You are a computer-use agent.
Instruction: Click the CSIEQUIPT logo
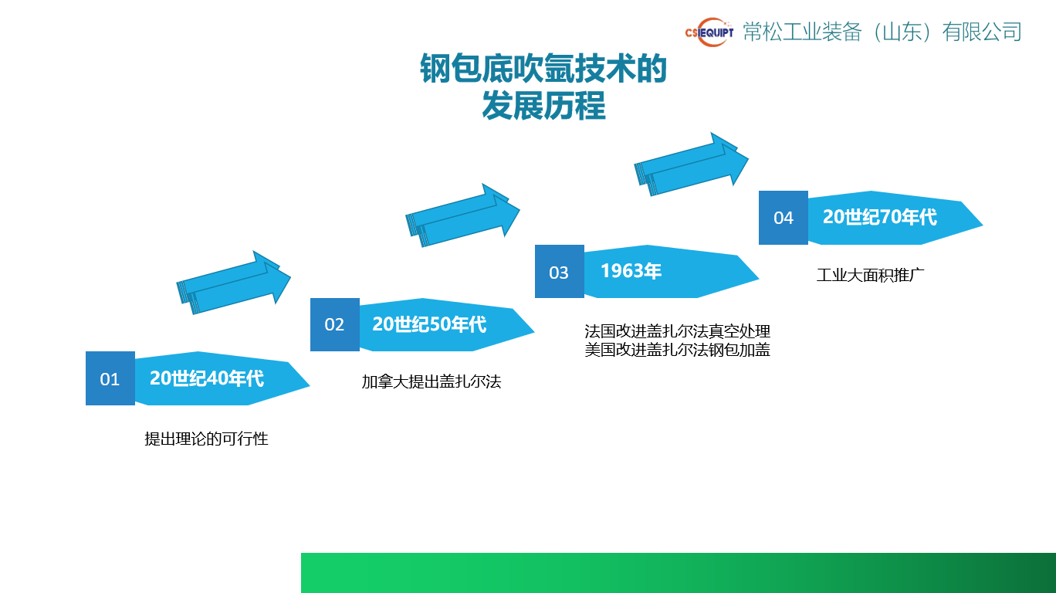coord(709,32)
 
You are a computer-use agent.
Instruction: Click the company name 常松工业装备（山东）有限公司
coord(882,32)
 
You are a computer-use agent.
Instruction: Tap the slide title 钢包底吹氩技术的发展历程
coord(543,87)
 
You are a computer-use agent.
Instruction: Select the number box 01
coord(110,378)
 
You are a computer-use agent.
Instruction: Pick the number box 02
coord(335,324)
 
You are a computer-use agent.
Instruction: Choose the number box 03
coord(559,272)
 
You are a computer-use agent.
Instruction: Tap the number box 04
coord(784,218)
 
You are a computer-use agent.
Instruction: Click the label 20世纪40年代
coord(207,378)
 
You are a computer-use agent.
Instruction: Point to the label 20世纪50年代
coord(429,324)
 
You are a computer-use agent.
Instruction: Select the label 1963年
coord(631,271)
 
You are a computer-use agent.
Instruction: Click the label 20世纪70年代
coord(880,217)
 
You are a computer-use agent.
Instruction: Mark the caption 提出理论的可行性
coord(206,439)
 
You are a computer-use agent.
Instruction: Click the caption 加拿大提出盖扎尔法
coord(431,381)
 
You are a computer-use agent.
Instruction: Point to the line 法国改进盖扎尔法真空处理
coord(677,331)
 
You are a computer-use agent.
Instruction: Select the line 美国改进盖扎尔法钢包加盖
coord(677,350)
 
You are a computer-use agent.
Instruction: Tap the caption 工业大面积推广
coord(871,275)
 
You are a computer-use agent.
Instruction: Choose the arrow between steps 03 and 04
coord(692,164)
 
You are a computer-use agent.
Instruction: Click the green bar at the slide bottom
coord(678,572)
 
